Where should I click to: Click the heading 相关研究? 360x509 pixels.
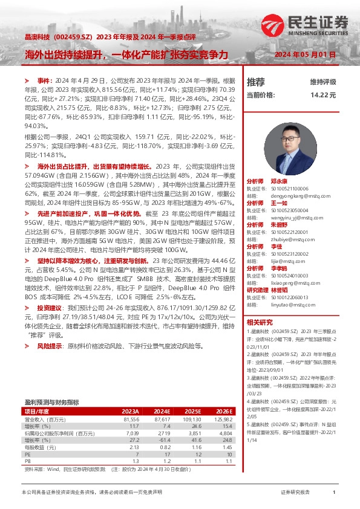click(x=260, y=322)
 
